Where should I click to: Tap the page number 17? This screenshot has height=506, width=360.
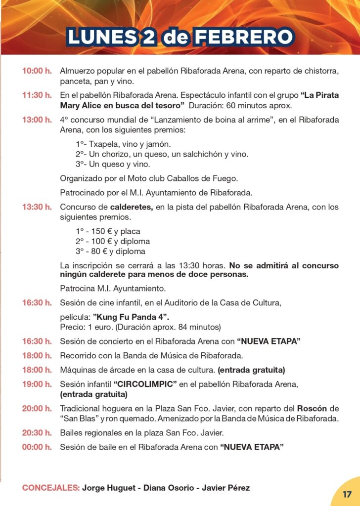(347, 494)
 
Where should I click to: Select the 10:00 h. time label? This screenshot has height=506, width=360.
(37, 71)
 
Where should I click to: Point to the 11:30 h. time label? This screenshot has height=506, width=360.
(37, 95)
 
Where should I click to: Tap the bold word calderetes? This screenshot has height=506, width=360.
(132, 207)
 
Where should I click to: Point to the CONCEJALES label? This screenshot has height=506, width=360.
(51, 488)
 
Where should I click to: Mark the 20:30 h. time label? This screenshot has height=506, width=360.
(37, 433)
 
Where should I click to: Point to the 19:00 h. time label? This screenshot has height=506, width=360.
(37, 383)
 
